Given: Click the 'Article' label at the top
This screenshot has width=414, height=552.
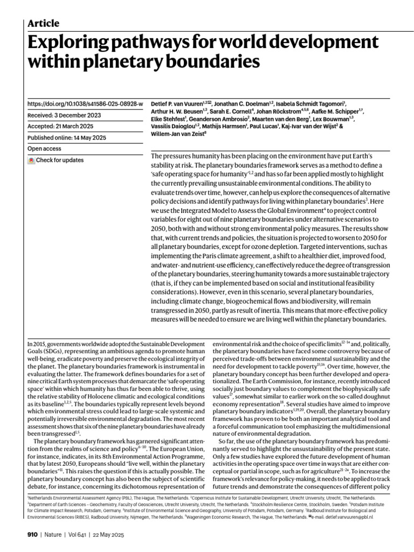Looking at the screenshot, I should pyautogui.click(x=43, y=23).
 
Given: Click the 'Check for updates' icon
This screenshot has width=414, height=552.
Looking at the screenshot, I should pyautogui.click(x=31, y=160).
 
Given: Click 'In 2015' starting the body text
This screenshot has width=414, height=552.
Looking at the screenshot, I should pyautogui.click(x=36, y=343).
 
